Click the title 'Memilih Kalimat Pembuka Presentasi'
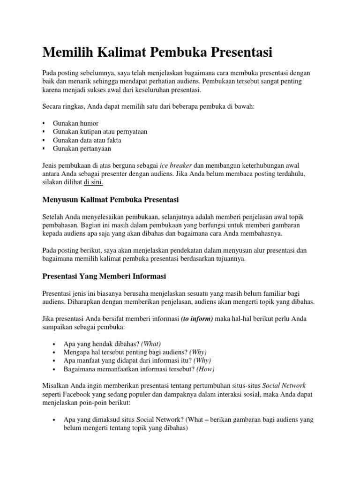pyautogui.click(x=157, y=52)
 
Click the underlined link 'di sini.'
pyautogui.click(x=93, y=182)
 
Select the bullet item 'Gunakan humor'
pyautogui.click(x=75, y=123)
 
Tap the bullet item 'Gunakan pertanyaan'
pyautogui.click(x=82, y=149)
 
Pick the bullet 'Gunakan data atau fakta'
pyautogui.click(x=87, y=140)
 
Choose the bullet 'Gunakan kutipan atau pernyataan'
pyautogui.click(x=100, y=132)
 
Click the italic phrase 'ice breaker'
pyautogui.click(x=175, y=165)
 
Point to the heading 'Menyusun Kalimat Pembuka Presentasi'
pyautogui.click(x=111, y=200)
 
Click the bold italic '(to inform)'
pyautogui.click(x=197, y=319)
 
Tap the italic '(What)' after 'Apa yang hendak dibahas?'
pyautogui.click(x=154, y=344)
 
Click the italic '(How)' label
pyautogui.click(x=205, y=369)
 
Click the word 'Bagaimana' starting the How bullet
pyautogui.click(x=79, y=369)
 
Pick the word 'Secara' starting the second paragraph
pyautogui.click(x=52, y=106)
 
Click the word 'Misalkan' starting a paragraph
pyautogui.click(x=55, y=386)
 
